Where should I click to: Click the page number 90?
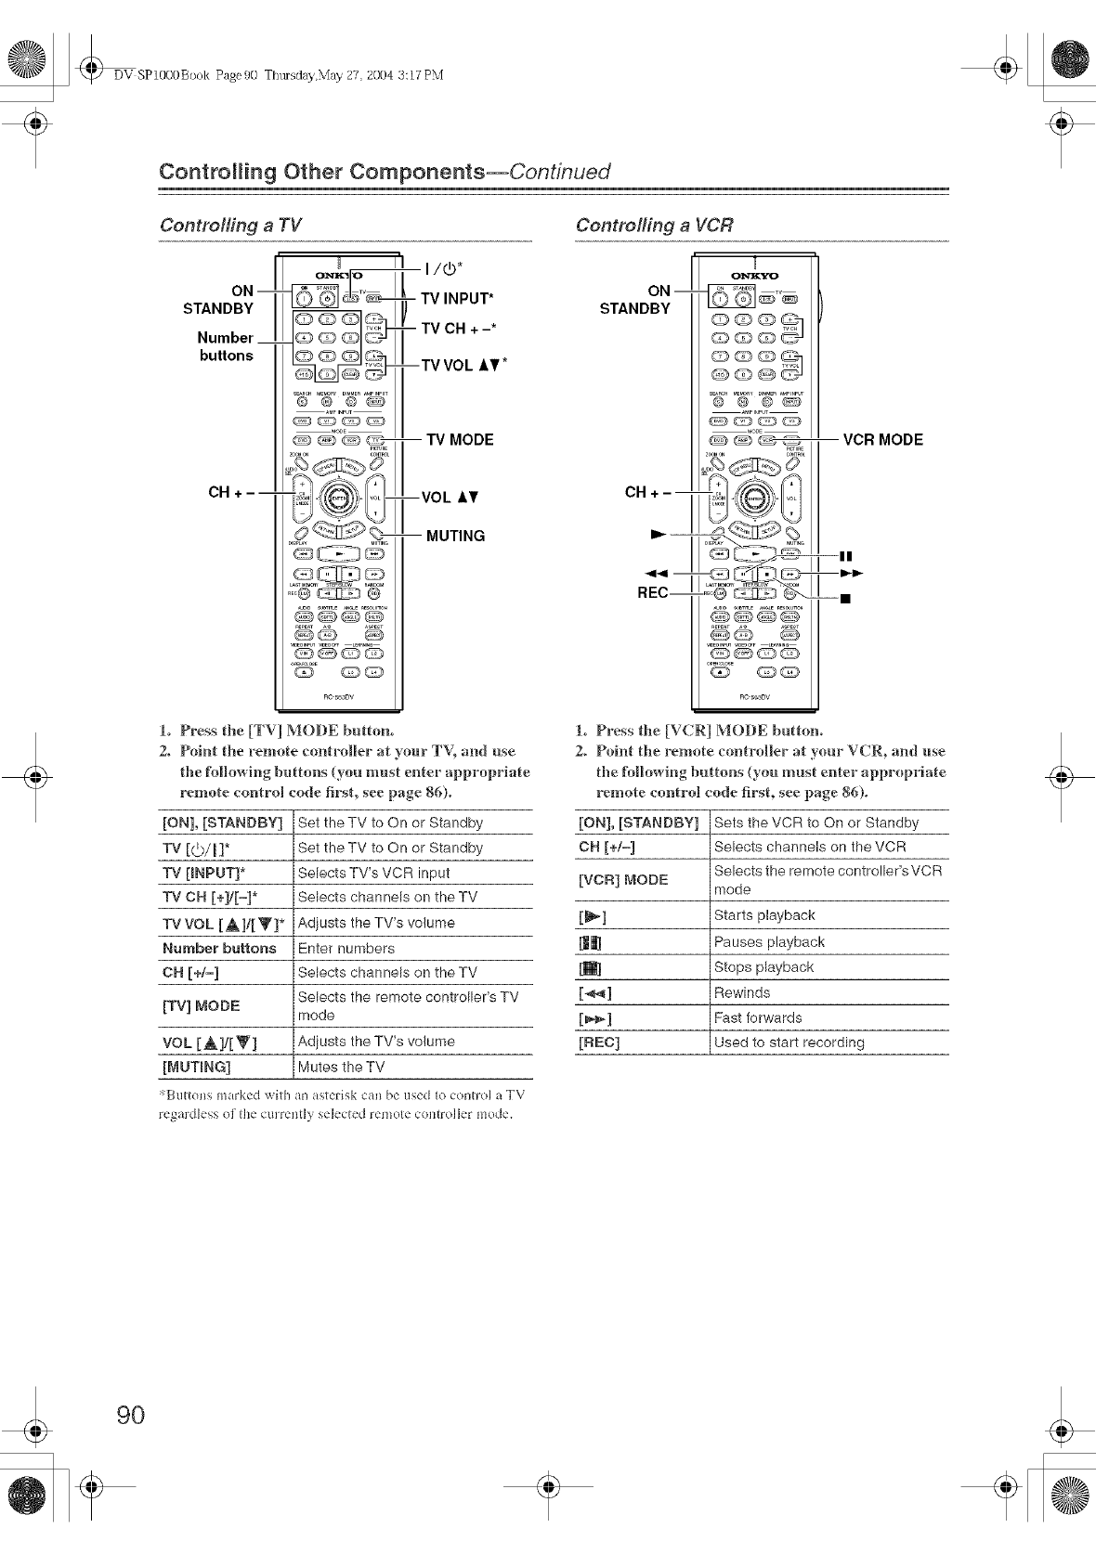131,1415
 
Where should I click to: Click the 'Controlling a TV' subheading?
230,226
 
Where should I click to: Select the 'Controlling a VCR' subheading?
654,226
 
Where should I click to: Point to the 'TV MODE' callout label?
460,440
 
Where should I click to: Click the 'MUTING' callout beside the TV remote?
455,536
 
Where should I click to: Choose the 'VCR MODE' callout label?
882,440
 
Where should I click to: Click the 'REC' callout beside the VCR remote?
652,593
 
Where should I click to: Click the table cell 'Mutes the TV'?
341,1068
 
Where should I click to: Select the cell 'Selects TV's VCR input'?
373,873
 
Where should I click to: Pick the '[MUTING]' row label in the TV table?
196,1068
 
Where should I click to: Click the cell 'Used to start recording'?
789,1042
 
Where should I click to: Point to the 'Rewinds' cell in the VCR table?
742,992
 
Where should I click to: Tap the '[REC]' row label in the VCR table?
599,1042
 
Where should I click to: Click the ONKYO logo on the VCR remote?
755,276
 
